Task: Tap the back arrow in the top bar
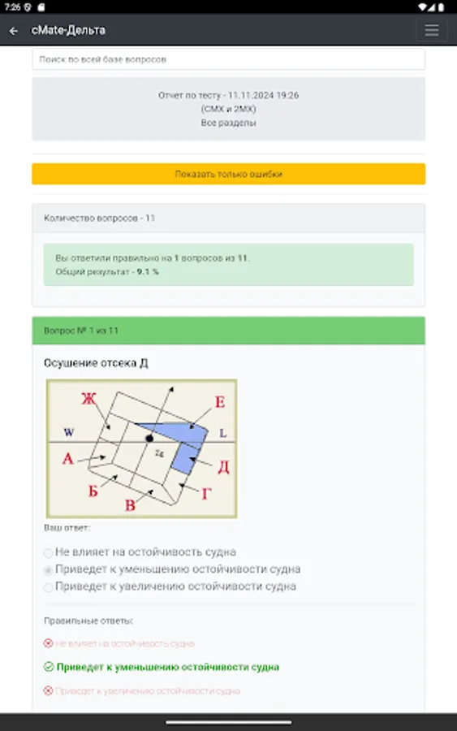[14, 31]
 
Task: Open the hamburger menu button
[431, 31]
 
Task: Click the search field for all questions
[228, 59]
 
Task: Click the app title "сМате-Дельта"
[68, 31]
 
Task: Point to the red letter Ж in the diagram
[89, 398]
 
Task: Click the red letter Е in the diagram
[219, 401]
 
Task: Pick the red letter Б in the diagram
[93, 491]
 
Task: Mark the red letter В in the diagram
[130, 506]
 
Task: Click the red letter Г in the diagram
[205, 492]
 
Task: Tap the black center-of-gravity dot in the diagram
[149, 439]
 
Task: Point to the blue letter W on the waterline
[69, 432]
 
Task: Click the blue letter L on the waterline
[222, 434]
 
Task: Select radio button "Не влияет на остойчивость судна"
[49, 553]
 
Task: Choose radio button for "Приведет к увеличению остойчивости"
[49, 586]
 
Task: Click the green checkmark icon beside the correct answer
[49, 667]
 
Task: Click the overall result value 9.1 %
[148, 271]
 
